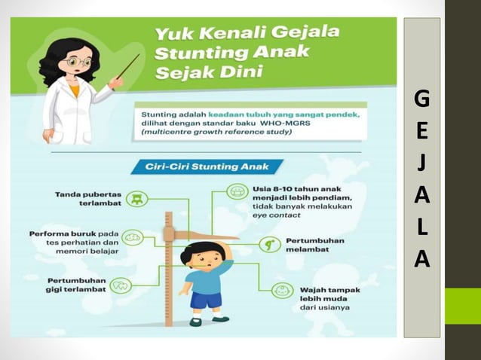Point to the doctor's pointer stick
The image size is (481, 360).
pyautogui.click(x=128, y=66)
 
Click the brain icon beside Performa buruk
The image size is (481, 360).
pyautogui.click(x=133, y=237)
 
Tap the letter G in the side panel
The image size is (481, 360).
pyautogui.click(x=422, y=99)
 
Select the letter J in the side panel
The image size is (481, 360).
pyautogui.click(x=422, y=163)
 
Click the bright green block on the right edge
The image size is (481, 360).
pyautogui.click(x=462, y=306)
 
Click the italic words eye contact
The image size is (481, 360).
pyautogui.click(x=278, y=215)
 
